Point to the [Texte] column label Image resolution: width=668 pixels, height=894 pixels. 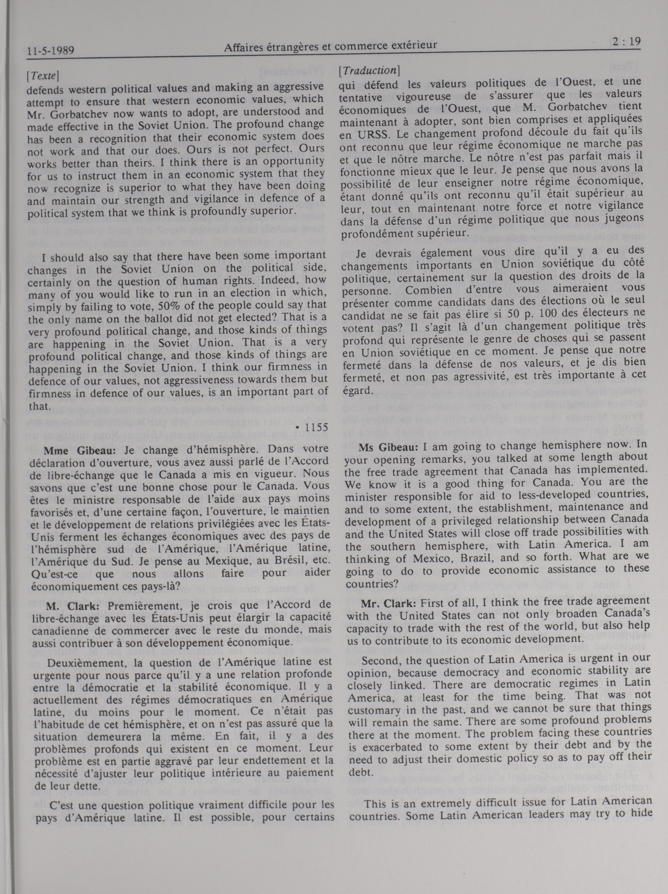[43, 76]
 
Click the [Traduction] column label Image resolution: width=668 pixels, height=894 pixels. [369, 70]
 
